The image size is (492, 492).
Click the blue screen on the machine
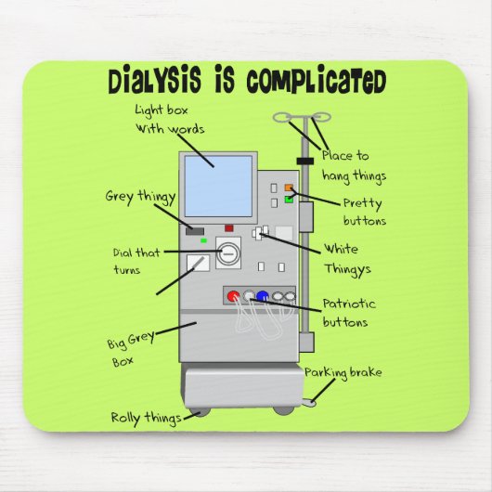[x=218, y=186]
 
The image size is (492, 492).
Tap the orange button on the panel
[x=291, y=188]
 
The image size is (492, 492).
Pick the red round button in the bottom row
[x=233, y=297]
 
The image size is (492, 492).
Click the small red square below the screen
[x=228, y=227]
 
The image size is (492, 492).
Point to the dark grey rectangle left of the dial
[x=193, y=230]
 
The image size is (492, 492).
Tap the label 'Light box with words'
[x=170, y=119]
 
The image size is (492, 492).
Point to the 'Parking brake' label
[x=343, y=373]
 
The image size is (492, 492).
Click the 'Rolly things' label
[x=146, y=418]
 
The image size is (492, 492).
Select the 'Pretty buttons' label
[x=364, y=212]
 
